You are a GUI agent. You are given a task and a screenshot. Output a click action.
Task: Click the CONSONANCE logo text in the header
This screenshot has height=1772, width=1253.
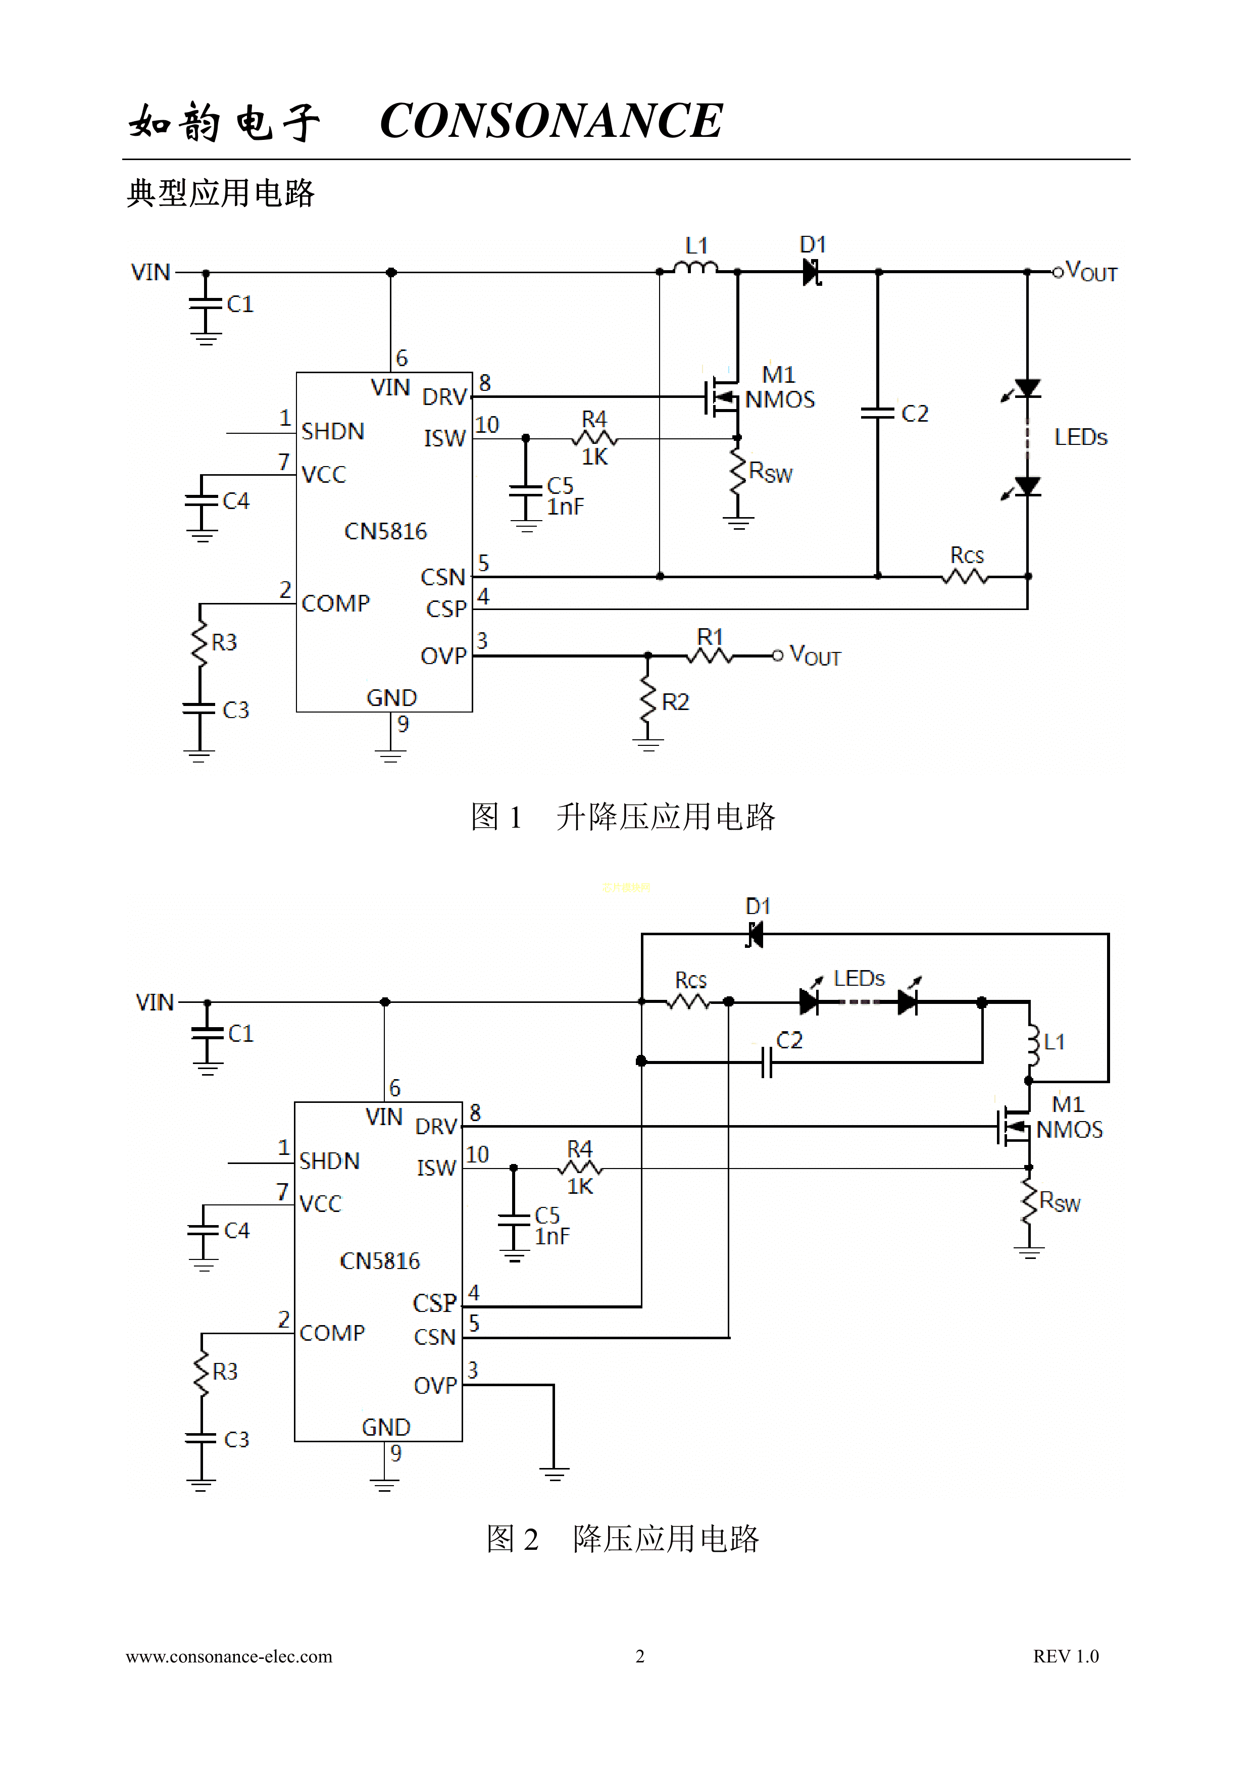pyautogui.click(x=551, y=121)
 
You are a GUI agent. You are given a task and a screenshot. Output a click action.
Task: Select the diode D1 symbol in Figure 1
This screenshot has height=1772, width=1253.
pyautogui.click(x=812, y=272)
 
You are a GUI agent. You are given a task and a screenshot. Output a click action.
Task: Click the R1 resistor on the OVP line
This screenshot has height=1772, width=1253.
pyautogui.click(x=710, y=655)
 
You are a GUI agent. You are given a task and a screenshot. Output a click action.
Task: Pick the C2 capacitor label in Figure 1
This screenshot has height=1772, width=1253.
pyautogui.click(x=915, y=414)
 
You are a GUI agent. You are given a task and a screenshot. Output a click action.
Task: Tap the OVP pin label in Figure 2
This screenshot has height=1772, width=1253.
pyautogui.click(x=435, y=1385)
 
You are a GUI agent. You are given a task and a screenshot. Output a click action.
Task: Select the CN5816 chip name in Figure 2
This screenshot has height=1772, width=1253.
pyautogui.click(x=380, y=1261)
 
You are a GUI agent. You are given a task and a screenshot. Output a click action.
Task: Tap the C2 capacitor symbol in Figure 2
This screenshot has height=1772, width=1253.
pyautogui.click(x=766, y=1062)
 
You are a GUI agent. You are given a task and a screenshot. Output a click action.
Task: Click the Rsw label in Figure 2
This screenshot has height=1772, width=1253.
pyautogui.click(x=1060, y=1202)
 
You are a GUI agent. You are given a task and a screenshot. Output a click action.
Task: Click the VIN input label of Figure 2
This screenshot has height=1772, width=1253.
pyautogui.click(x=155, y=1002)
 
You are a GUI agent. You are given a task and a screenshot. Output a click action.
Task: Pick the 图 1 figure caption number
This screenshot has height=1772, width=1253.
pyautogui.click(x=496, y=817)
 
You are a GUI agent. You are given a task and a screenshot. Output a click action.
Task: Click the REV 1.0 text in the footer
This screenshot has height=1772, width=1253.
pyautogui.click(x=1066, y=1656)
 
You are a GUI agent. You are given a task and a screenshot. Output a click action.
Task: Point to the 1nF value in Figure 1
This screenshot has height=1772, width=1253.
pyautogui.click(x=565, y=507)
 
